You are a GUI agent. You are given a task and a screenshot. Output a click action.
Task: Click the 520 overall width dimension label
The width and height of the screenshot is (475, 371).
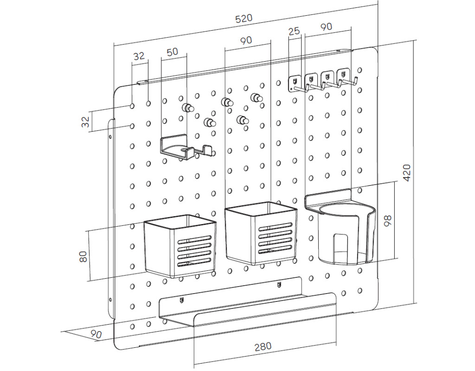pos(244,19)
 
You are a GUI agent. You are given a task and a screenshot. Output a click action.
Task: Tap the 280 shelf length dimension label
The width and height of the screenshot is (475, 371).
pos(263,346)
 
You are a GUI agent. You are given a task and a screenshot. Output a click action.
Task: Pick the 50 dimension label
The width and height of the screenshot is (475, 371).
pos(172,52)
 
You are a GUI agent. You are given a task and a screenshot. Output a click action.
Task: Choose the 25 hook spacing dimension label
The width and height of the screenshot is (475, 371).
pos(294,32)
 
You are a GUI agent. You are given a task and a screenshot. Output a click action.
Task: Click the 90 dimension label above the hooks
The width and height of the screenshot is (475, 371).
pos(326,27)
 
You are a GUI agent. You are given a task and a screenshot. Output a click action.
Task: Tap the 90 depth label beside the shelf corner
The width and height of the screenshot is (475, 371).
pos(96,333)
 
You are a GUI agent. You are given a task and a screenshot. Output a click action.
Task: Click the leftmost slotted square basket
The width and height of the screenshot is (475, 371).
pos(180,246)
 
